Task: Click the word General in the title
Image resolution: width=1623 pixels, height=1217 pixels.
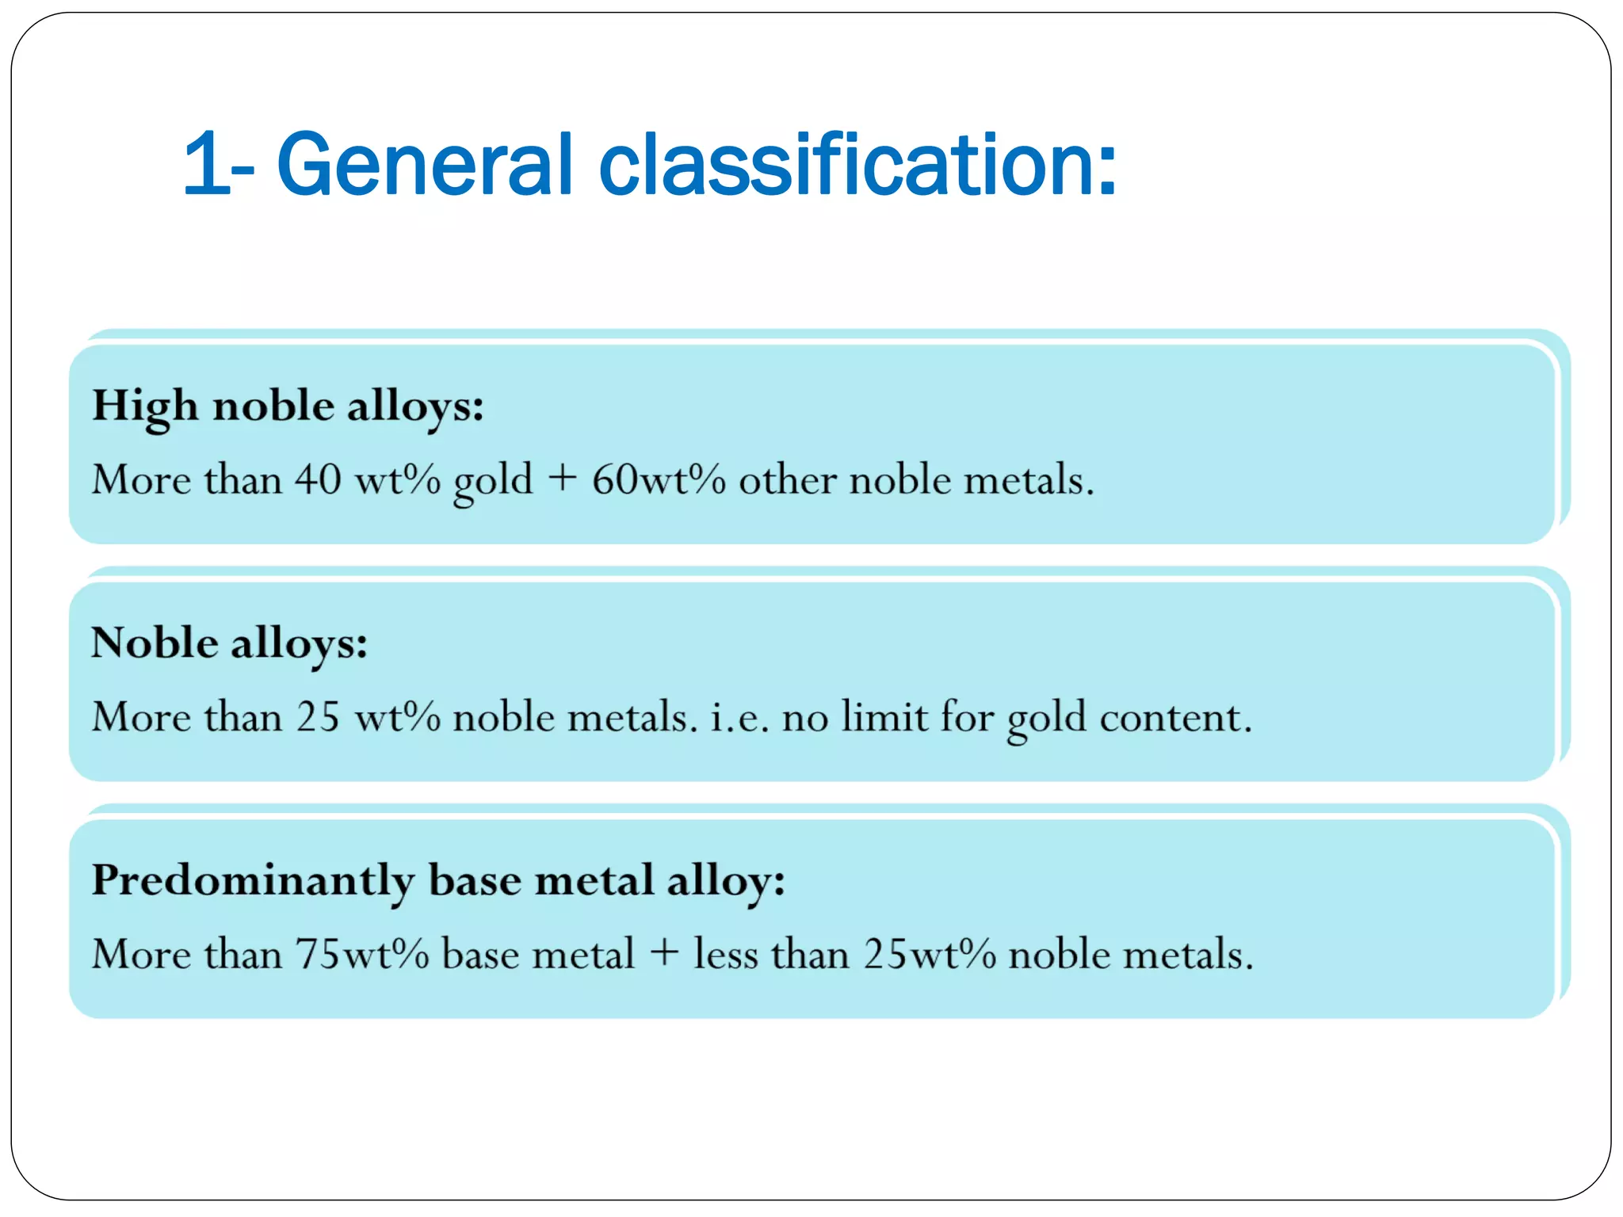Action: click(x=424, y=164)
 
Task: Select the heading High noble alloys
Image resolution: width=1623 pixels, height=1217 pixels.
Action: click(x=287, y=406)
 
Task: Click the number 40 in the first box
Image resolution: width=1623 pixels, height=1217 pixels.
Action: click(x=318, y=479)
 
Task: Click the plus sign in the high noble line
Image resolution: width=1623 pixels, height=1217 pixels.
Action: click(x=562, y=479)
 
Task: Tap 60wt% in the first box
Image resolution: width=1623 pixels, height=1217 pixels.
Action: click(x=659, y=479)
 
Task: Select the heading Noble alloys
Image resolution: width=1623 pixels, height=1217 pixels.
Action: click(x=229, y=643)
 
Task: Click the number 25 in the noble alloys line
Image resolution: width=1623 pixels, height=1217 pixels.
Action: click(x=318, y=716)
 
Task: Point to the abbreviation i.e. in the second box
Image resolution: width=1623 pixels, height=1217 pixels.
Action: click(x=739, y=718)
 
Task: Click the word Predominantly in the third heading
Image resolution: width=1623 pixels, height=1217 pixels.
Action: click(x=253, y=881)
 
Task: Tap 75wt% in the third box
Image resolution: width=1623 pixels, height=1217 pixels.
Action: click(x=362, y=954)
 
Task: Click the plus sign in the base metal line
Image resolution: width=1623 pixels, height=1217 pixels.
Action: click(x=664, y=952)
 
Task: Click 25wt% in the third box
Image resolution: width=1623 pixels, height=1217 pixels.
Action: click(x=930, y=954)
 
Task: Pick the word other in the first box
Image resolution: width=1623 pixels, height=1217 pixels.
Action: click(x=787, y=479)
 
